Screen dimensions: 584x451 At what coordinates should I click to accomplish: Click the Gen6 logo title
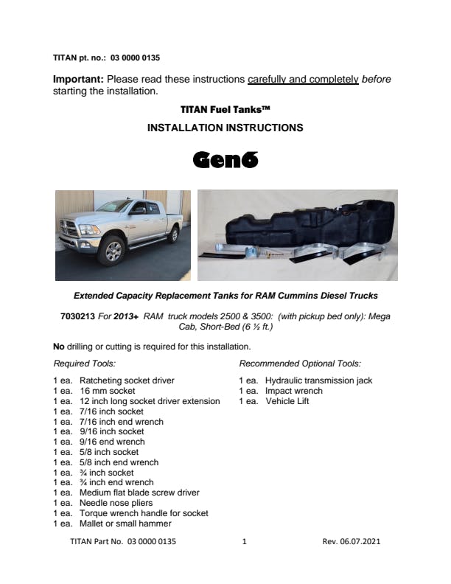[x=225, y=159]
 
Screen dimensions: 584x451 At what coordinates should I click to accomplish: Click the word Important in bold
[x=80, y=80]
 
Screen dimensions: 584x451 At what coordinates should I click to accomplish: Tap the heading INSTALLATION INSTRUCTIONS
[x=225, y=128]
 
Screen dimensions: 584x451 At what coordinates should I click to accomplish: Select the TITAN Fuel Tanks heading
[x=225, y=109]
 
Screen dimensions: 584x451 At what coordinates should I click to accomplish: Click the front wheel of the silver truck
[x=113, y=251]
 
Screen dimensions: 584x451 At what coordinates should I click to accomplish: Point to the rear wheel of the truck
[x=173, y=234]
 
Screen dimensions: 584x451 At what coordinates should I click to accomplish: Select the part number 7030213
[x=76, y=316]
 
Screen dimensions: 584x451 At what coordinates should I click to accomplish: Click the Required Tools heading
[x=85, y=364]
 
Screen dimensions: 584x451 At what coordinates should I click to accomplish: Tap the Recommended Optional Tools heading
[x=300, y=364]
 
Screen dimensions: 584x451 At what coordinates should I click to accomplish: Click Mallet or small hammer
[x=125, y=524]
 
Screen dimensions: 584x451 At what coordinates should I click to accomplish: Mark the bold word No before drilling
[x=59, y=346]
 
